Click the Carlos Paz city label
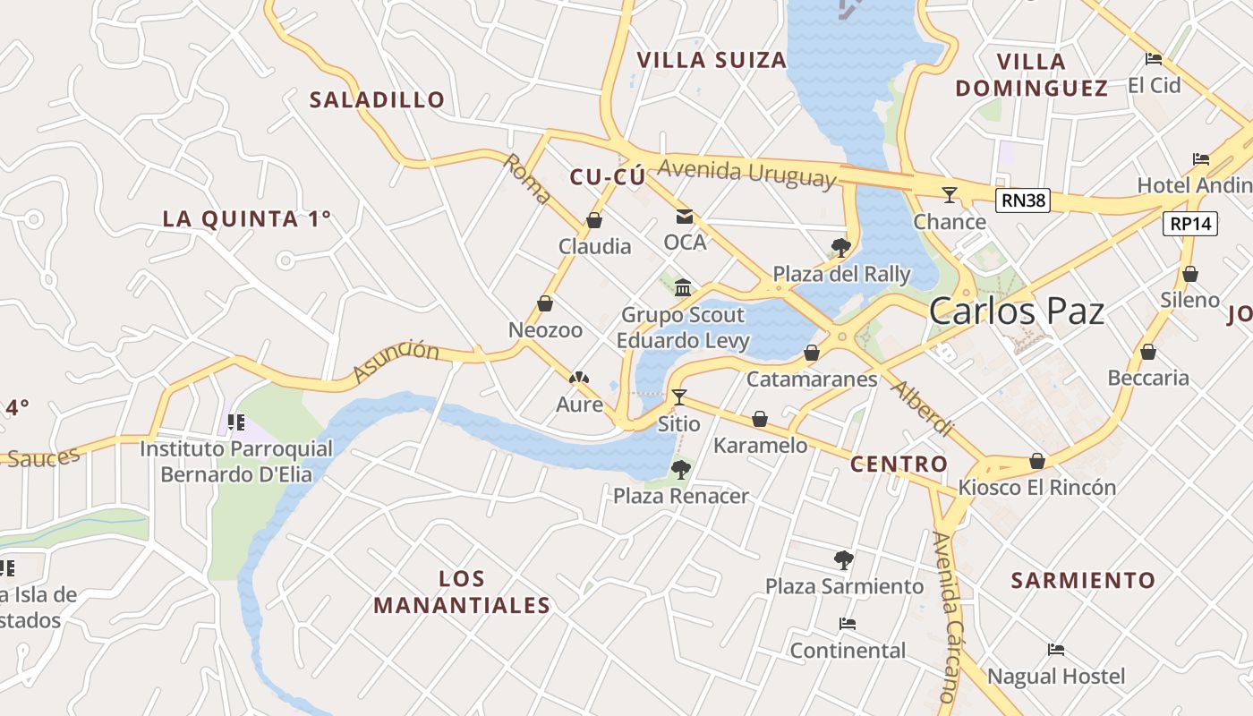pyautogui.click(x=1016, y=311)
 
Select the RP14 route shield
pyautogui.click(x=1190, y=224)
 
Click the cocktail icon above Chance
pyautogui.click(x=950, y=194)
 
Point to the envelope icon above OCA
pyautogui.click(x=685, y=216)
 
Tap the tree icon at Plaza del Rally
pyautogui.click(x=840, y=247)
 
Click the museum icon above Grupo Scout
pyautogui.click(x=683, y=287)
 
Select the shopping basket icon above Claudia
pyautogui.click(x=594, y=220)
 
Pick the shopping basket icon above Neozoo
pyautogui.click(x=545, y=303)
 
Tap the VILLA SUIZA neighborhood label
pyautogui.click(x=712, y=60)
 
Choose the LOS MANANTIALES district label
pyautogui.click(x=462, y=592)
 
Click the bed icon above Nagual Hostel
pyautogui.click(x=1056, y=650)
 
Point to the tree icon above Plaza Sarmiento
pyautogui.click(x=843, y=560)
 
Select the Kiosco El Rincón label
pyautogui.click(x=1037, y=488)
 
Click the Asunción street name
pyautogui.click(x=396, y=362)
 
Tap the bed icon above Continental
pyautogui.click(x=848, y=624)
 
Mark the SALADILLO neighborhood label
pyautogui.click(x=377, y=99)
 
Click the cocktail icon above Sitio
pyautogui.click(x=679, y=396)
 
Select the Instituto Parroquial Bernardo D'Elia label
pyautogui.click(x=236, y=461)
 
